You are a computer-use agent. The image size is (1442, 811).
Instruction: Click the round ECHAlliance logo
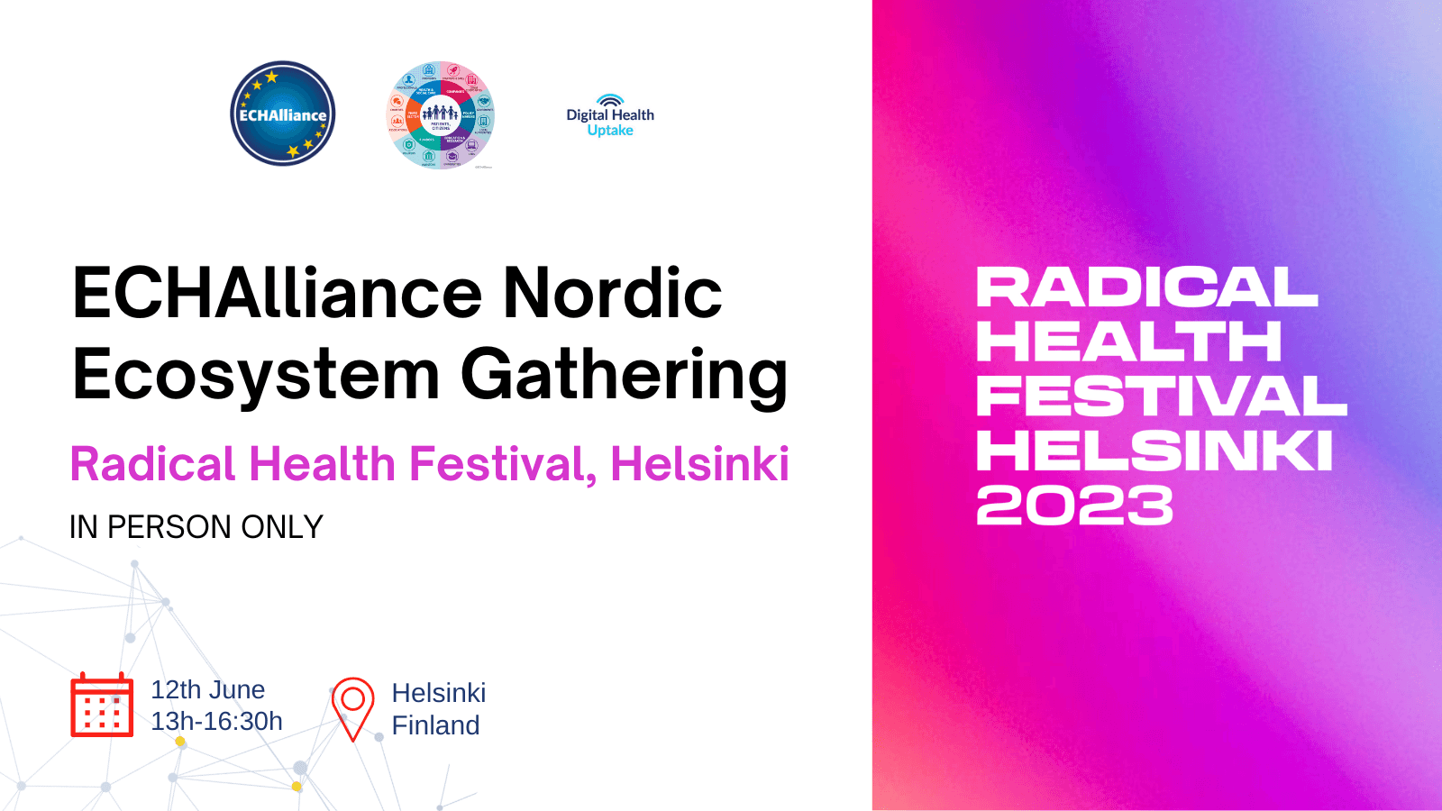point(282,114)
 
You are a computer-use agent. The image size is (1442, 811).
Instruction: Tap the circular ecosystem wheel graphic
point(440,114)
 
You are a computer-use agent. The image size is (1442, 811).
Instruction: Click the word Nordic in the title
point(612,294)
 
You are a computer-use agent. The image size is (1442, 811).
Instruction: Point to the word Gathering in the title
point(625,375)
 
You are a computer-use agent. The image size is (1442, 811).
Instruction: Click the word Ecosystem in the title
point(256,375)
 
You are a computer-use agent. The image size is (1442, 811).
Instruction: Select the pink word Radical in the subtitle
point(153,465)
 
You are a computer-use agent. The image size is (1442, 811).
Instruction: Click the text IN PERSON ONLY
point(196,527)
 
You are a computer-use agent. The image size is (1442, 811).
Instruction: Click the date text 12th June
point(207,690)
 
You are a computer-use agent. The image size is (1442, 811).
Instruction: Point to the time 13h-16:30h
point(216,722)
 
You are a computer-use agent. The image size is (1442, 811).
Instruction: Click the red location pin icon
point(352,707)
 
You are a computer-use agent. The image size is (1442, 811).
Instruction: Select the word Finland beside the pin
point(435,725)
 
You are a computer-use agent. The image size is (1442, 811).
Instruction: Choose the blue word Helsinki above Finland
point(439,693)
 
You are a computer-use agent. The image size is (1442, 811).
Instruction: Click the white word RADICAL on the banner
point(1146,288)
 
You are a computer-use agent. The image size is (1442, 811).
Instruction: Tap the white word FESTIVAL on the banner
point(1161,396)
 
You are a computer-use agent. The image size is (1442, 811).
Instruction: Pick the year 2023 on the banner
point(1074,505)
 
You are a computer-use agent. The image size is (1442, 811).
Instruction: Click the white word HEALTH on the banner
point(1128,342)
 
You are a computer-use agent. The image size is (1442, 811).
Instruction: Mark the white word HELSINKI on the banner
point(1155,451)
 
